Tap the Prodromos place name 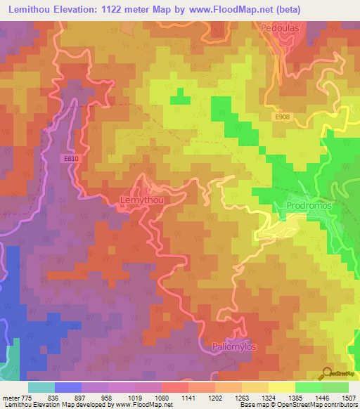pyautogui.click(x=309, y=206)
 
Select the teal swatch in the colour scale pyautogui.click(x=41, y=387)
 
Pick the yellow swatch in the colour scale pyautogui.click(x=281, y=387)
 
